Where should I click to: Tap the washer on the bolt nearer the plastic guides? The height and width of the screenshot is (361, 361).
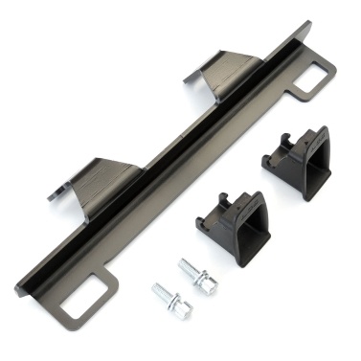pos(196,271)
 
